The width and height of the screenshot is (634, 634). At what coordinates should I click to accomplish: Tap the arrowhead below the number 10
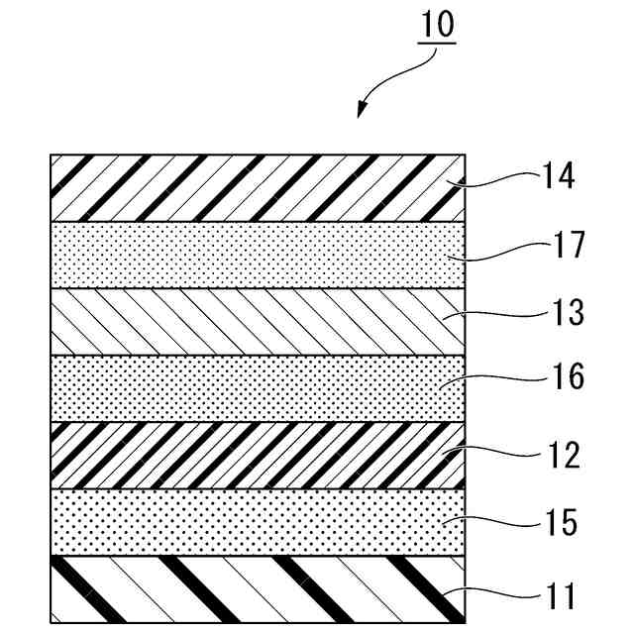361,110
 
